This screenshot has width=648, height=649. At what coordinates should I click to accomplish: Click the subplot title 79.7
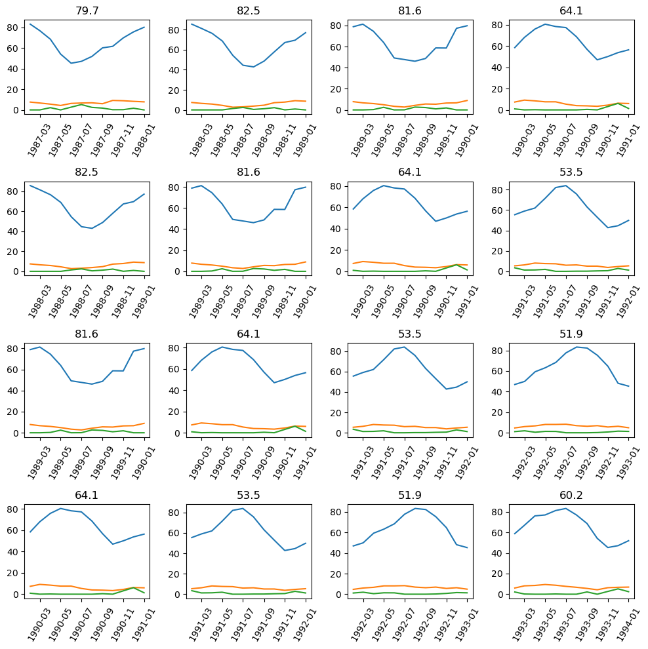click(x=87, y=10)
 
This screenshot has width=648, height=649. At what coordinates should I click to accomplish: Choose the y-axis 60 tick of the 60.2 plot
click(x=498, y=532)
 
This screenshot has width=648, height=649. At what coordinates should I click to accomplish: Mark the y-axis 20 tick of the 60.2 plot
click(x=498, y=574)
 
